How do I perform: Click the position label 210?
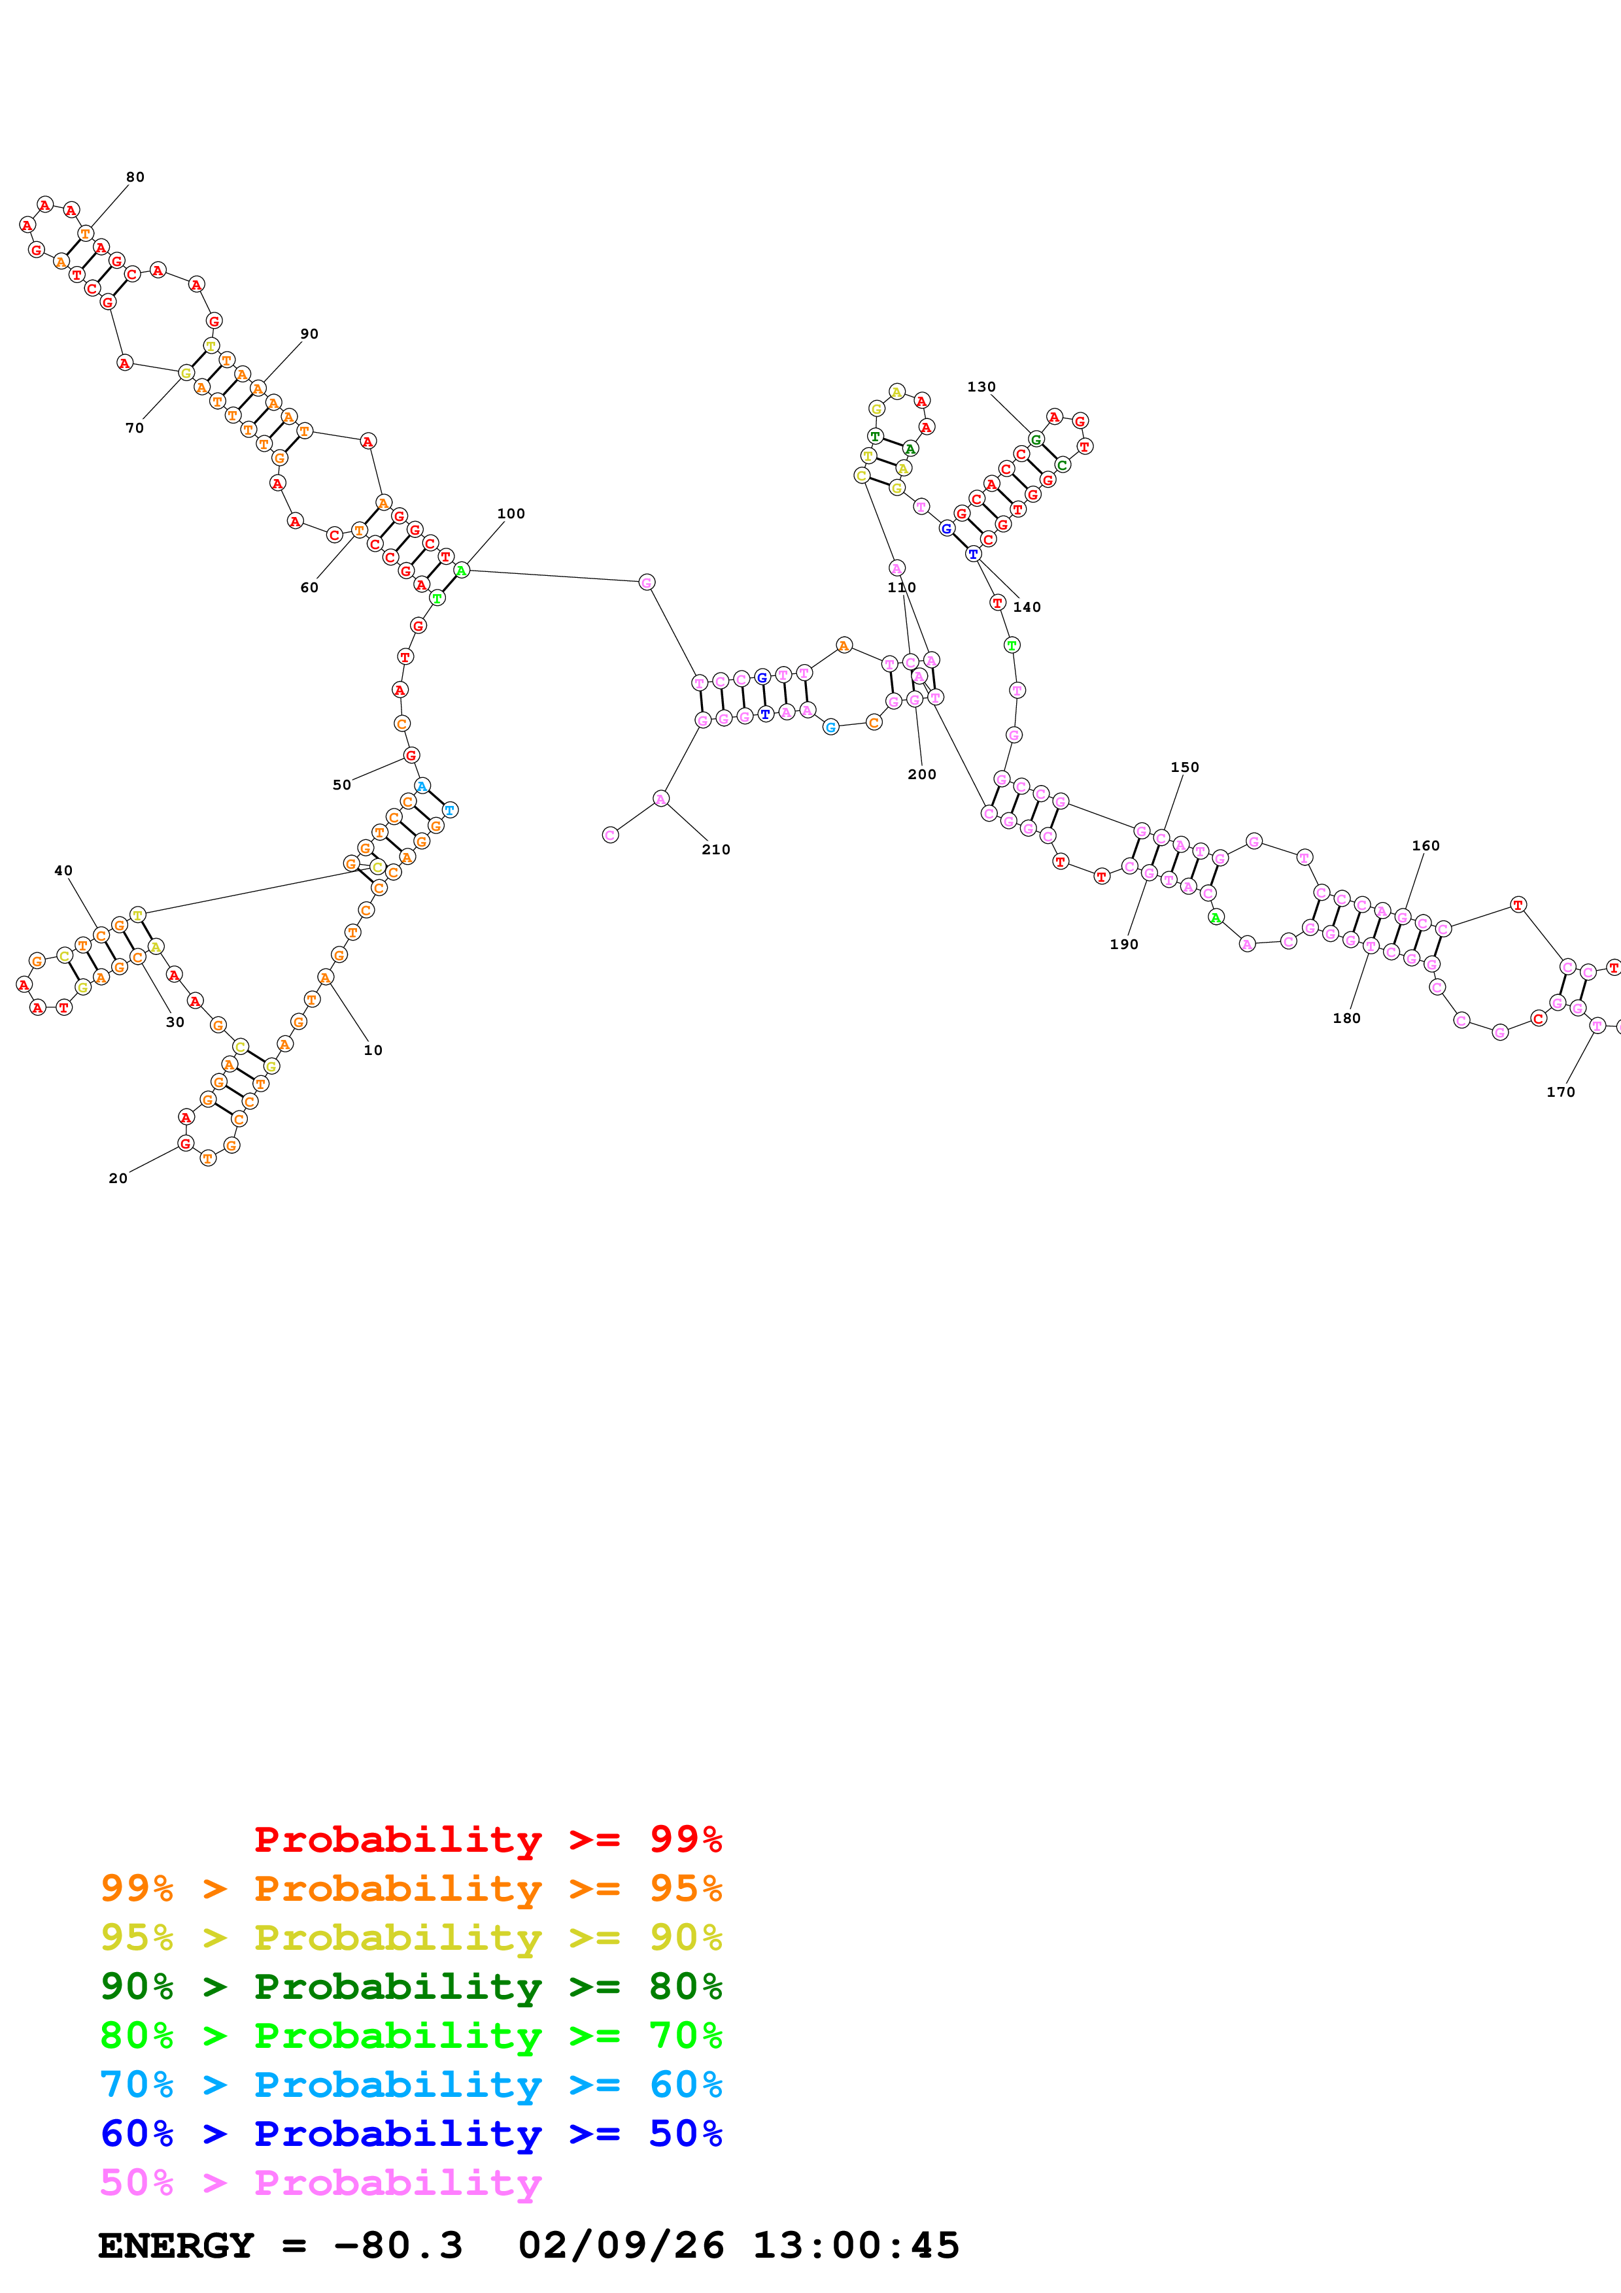pyautogui.click(x=715, y=850)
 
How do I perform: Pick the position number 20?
pyautogui.click(x=118, y=1179)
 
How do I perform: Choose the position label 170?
pyautogui.click(x=1560, y=1092)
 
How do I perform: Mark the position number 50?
pyautogui.click(x=341, y=785)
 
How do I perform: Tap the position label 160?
pyautogui.click(x=1425, y=846)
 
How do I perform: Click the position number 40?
pyautogui.click(x=63, y=871)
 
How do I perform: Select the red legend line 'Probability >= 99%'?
pyautogui.click(x=487, y=1839)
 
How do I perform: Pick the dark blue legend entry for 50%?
pyautogui.click(x=411, y=2134)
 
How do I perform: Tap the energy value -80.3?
pyautogui.click(x=398, y=2245)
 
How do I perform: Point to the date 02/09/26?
pyautogui.click(x=621, y=2245)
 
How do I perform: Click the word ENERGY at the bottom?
pyautogui.click(x=176, y=2245)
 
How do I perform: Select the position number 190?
pyautogui.click(x=1123, y=945)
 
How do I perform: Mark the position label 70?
pyautogui.click(x=134, y=428)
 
